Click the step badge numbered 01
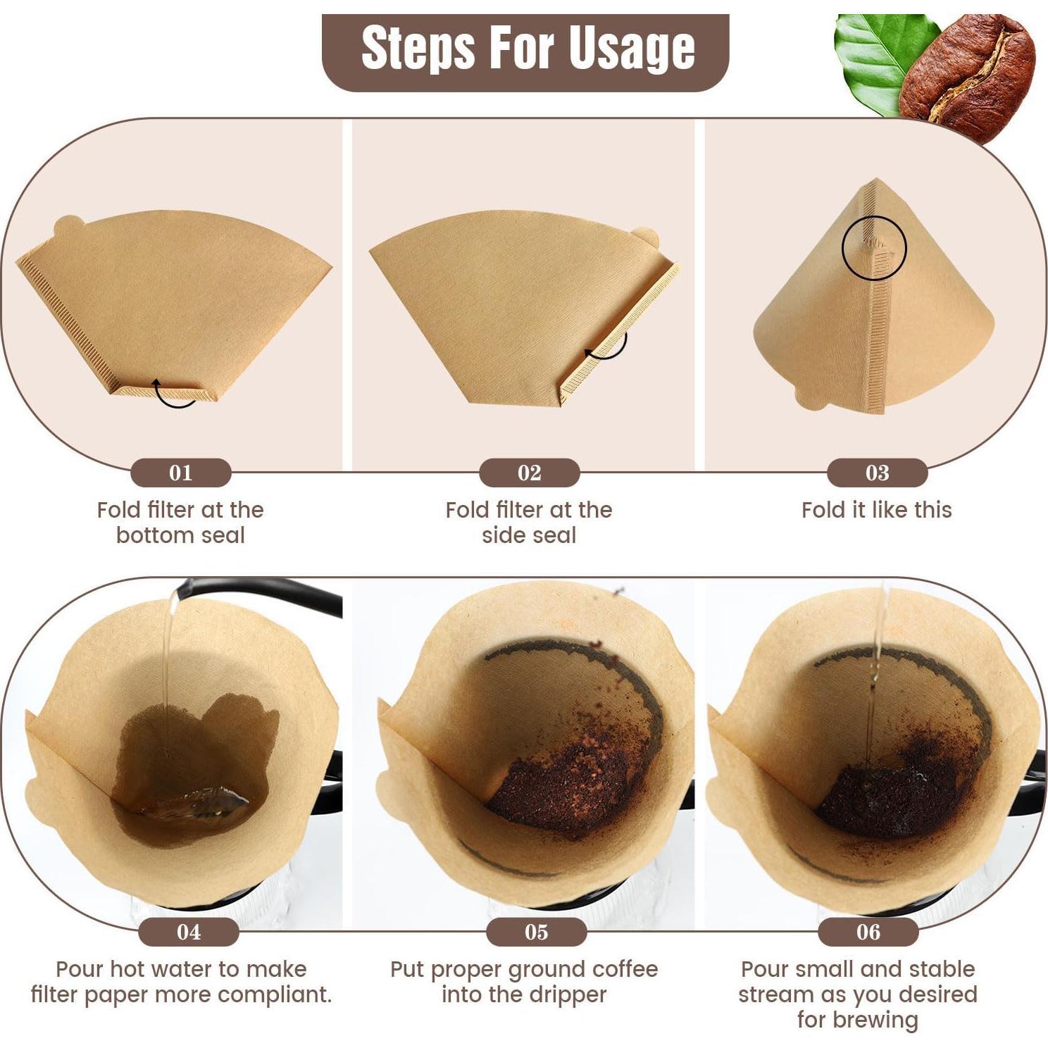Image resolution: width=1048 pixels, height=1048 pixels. (x=180, y=473)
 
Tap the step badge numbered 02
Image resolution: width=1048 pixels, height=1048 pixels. (x=529, y=473)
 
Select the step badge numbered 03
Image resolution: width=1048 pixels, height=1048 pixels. (x=877, y=473)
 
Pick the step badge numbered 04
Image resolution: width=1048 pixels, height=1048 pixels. (x=188, y=932)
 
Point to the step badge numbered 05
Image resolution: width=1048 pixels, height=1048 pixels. (x=536, y=932)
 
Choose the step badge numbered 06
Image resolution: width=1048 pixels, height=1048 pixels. (x=868, y=932)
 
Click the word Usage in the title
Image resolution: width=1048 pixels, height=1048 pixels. (x=631, y=49)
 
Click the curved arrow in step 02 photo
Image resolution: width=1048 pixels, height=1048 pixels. (x=607, y=347)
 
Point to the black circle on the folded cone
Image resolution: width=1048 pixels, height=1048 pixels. (x=874, y=248)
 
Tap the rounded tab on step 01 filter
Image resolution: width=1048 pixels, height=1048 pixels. (x=68, y=227)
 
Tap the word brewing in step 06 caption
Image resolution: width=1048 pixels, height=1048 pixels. (x=877, y=1020)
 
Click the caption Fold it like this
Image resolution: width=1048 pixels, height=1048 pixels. (x=876, y=510)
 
